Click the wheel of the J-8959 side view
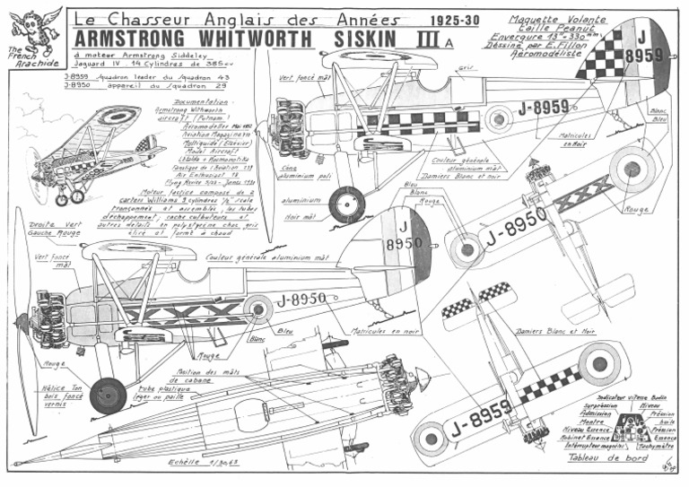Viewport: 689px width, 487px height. [346, 204]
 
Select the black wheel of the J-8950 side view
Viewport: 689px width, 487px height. [108, 395]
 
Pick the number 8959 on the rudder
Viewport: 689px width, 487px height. [641, 55]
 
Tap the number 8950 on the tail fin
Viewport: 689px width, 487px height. [397, 243]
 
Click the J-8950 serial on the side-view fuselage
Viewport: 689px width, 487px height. [300, 300]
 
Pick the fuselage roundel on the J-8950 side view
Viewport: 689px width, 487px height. [258, 309]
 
